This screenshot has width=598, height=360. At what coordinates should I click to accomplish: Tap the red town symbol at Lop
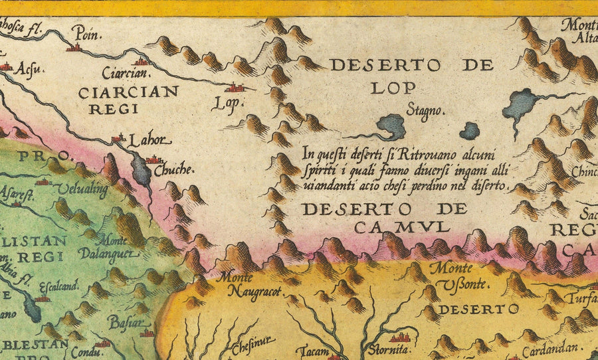(235, 87)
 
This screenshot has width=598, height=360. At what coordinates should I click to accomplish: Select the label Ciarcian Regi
(128, 100)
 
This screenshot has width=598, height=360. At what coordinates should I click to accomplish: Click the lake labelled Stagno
(391, 126)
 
